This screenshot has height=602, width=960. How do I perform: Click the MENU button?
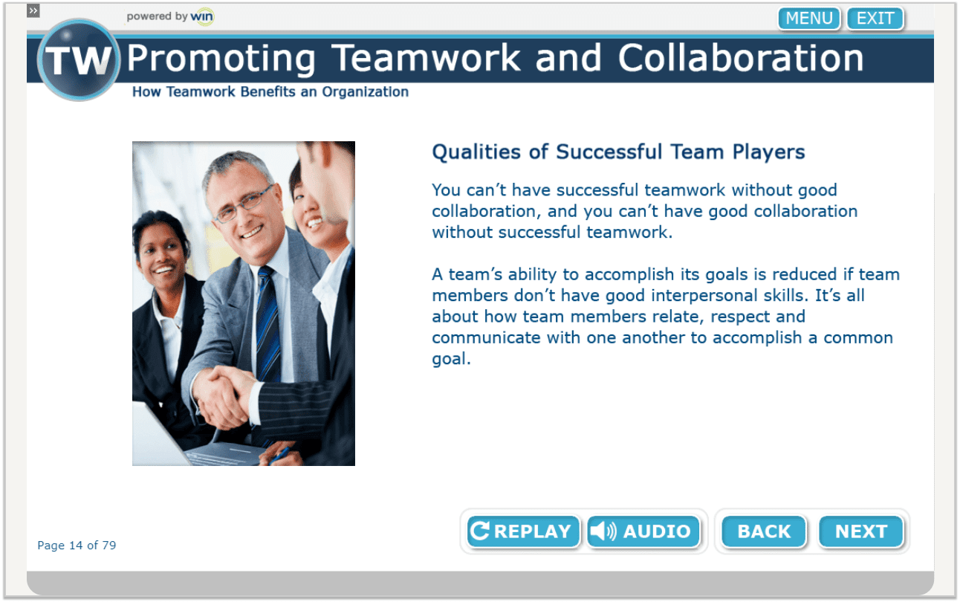click(x=808, y=19)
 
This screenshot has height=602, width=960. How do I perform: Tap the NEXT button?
click(x=860, y=531)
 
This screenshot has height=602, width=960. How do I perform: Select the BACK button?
click(x=764, y=531)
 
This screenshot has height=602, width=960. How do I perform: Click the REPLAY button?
click(x=523, y=531)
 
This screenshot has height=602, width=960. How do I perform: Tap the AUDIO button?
click(x=643, y=531)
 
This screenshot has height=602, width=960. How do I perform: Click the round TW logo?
click(x=78, y=60)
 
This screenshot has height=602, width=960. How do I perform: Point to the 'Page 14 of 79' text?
click(x=77, y=546)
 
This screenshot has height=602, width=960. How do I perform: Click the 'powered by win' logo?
click(x=170, y=16)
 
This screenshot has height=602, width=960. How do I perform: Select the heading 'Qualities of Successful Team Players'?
click(x=618, y=152)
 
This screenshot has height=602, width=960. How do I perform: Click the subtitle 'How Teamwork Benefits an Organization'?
click(x=270, y=92)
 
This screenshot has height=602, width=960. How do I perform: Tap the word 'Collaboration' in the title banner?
click(x=741, y=59)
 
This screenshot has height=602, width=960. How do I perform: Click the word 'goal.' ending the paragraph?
click(x=451, y=359)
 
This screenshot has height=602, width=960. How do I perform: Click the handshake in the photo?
click(x=222, y=389)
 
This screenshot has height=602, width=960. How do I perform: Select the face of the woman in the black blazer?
click(x=160, y=248)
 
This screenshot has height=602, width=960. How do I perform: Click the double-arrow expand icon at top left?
click(x=33, y=10)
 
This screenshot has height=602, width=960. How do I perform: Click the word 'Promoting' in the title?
click(x=221, y=59)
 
